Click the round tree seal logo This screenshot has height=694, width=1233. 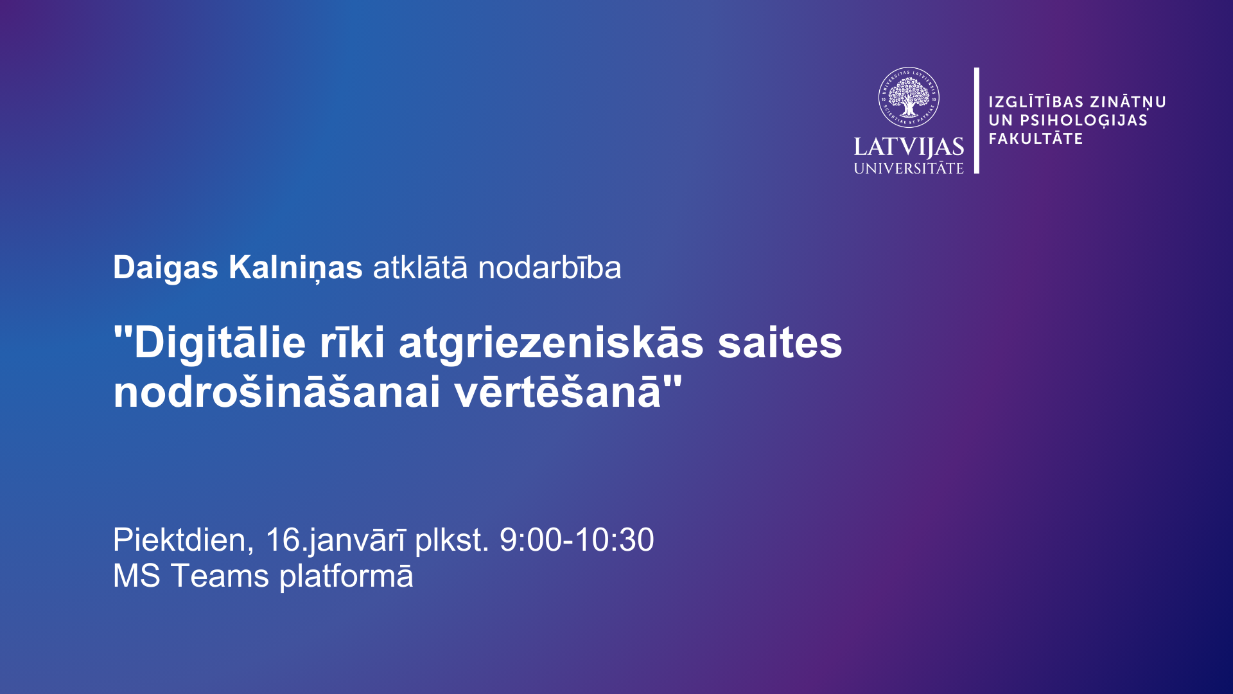point(909,98)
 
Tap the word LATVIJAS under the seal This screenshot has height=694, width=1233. point(909,147)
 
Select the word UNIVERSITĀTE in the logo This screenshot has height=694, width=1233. point(909,168)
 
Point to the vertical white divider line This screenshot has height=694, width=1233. point(977,120)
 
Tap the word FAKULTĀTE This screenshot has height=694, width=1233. point(1036,138)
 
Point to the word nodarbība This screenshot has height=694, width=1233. point(550,268)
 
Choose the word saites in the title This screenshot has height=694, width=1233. point(780,343)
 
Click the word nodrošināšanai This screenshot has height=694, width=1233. point(277,391)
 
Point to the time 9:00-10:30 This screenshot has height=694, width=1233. point(577,540)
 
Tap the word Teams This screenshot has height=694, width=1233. point(220,576)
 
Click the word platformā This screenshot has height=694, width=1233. point(346,576)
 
